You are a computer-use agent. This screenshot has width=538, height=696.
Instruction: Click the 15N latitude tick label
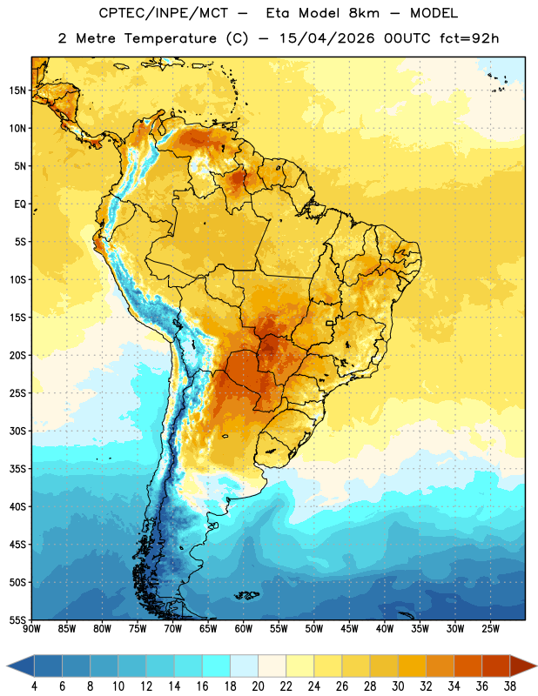[17, 90]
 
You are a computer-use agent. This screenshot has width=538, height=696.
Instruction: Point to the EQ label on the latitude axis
[20, 204]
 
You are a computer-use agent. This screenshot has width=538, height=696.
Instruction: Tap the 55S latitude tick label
[17, 619]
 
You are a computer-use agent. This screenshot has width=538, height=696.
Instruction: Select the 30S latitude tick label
[17, 431]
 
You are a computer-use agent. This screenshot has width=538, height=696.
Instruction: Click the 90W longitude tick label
[31, 628]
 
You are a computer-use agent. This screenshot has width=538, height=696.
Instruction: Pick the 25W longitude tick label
[490, 628]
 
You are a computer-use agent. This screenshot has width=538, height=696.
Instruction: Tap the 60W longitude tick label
[244, 628]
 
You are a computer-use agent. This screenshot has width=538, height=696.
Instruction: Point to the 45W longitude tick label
[350, 628]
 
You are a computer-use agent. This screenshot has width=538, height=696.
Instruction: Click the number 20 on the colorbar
[258, 686]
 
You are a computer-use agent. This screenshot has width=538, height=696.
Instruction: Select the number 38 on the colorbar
[510, 686]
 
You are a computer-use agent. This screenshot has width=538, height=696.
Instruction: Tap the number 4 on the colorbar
[34, 686]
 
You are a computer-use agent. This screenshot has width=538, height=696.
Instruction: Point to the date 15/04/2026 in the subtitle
[326, 38]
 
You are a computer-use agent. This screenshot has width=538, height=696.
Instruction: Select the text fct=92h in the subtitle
[469, 38]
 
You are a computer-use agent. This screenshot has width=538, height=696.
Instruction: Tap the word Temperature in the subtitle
[170, 38]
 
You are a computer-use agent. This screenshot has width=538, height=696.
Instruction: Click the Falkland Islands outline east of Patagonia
[247, 595]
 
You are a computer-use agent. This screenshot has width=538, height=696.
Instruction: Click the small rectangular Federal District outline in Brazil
[330, 323]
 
